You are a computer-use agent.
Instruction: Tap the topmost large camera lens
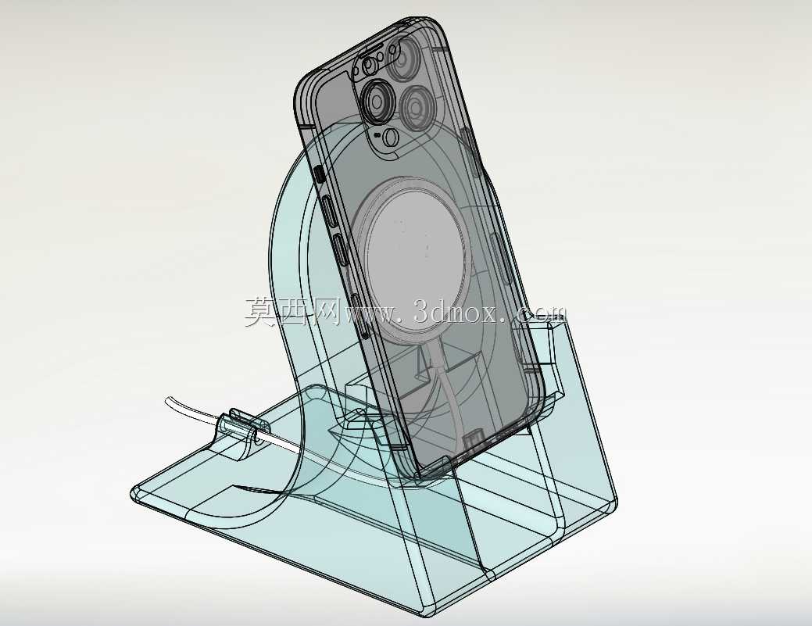point(407,58)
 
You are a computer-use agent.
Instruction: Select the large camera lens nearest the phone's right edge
point(417,109)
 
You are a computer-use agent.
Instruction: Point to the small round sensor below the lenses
point(392,137)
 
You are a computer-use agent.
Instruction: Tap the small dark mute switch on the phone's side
point(320,174)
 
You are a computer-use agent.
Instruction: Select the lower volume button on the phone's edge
point(340,251)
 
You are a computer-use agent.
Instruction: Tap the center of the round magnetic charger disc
point(413,253)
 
